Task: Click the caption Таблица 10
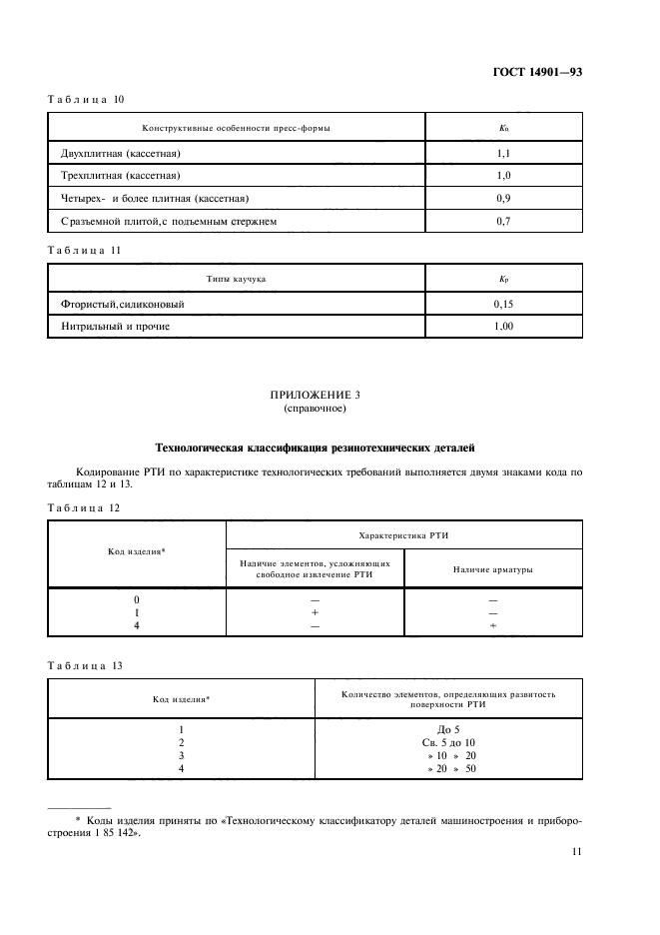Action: [x=84, y=99]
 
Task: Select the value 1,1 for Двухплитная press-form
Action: [x=503, y=154]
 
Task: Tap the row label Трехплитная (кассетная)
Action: [x=125, y=176]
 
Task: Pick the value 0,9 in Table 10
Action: [x=503, y=198]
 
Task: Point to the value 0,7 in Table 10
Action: [x=503, y=221]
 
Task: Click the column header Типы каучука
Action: [x=237, y=281]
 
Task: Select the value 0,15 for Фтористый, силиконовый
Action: [x=503, y=304]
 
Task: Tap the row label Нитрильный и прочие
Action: [x=114, y=326]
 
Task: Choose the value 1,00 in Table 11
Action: [x=503, y=326]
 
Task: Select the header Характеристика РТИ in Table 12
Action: [x=403, y=535]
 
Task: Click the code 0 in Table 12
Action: [x=136, y=599]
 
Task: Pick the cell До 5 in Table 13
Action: [x=447, y=729]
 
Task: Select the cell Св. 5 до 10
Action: [x=447, y=742]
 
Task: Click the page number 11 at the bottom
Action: [x=577, y=851]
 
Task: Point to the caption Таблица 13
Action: [x=84, y=662]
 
